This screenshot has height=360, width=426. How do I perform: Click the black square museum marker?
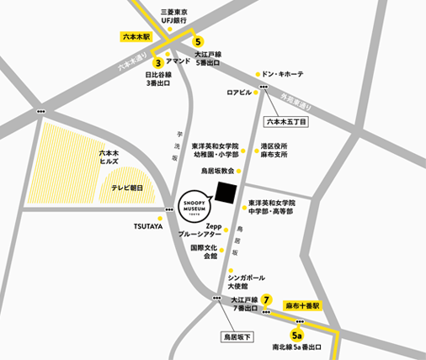point(226,193)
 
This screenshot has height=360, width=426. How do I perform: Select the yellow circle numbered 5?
point(199,41)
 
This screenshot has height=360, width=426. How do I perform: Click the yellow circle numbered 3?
point(157,61)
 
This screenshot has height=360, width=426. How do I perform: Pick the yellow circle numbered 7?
point(266,299)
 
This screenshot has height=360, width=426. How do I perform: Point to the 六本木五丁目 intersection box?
point(287,121)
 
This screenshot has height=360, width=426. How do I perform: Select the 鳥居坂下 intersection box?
point(236,336)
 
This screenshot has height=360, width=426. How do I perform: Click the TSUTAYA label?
point(147,226)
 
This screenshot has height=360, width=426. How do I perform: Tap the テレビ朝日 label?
point(128,188)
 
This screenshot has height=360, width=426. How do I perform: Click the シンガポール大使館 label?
point(246,281)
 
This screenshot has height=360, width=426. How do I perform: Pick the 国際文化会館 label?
point(203,252)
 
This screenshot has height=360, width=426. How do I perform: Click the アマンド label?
point(178,62)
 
